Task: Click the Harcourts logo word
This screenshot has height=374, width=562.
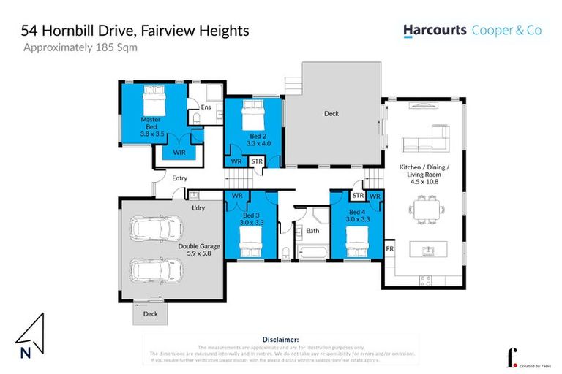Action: tap(435, 31)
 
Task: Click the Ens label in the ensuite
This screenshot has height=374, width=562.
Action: tap(206, 107)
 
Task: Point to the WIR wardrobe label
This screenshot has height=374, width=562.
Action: tap(179, 152)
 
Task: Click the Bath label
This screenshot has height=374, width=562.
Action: tap(312, 231)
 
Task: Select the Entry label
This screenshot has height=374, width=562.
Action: tap(179, 178)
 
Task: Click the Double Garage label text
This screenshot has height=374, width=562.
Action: tap(199, 246)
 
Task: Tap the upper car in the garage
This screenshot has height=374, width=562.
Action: tap(156, 230)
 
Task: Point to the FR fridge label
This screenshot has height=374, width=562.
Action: tap(389, 249)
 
